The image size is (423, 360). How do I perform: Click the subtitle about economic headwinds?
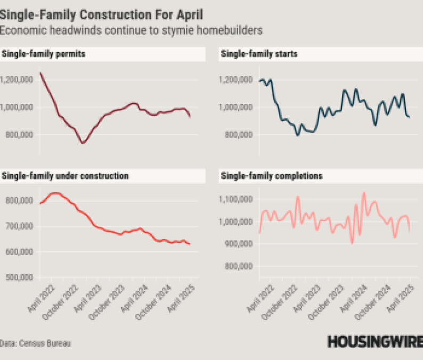[131, 30]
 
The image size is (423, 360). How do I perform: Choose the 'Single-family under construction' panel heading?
[66, 175]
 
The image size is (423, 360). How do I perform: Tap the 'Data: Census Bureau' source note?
[35, 343]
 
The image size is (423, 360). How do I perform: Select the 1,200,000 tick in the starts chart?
[235, 80]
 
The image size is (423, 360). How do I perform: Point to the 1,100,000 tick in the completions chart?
[235, 199]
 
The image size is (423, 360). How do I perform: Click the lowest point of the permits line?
[83, 143]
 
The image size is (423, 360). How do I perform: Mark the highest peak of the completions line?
[364, 192]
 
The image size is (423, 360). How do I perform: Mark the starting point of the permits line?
[40, 73]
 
